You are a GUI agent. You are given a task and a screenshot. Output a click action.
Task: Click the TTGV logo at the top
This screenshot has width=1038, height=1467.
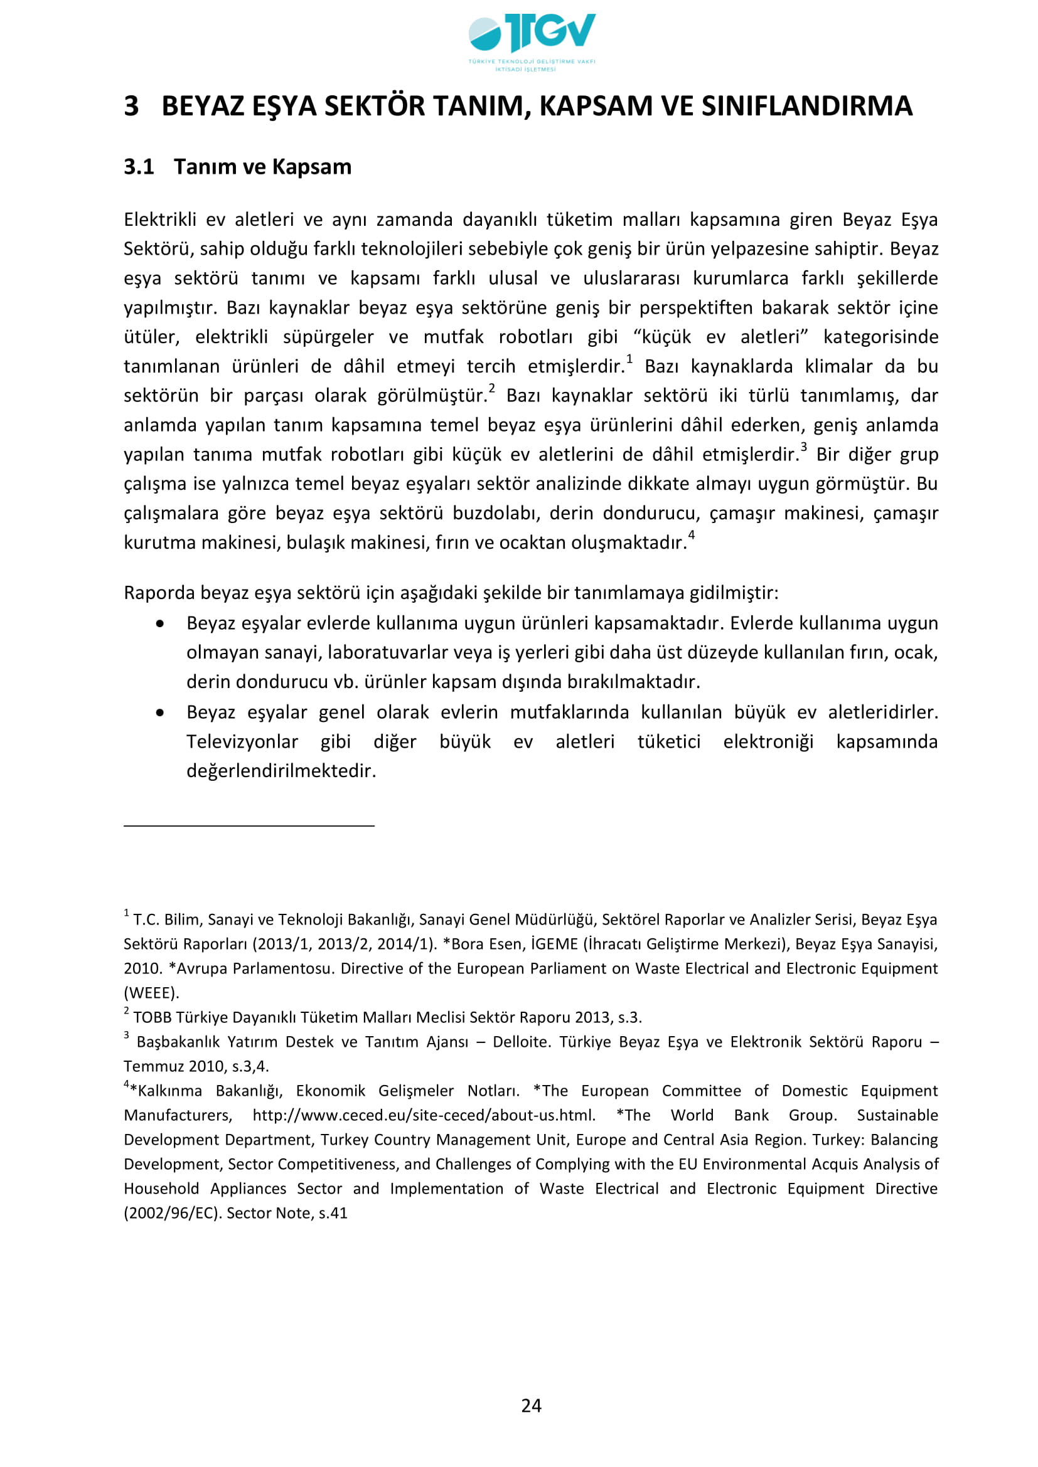click(x=532, y=40)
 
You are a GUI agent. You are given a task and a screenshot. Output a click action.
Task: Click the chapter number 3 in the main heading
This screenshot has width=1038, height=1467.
click(x=131, y=106)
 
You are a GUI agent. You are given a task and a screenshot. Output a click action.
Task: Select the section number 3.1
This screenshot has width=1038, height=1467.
click(x=139, y=167)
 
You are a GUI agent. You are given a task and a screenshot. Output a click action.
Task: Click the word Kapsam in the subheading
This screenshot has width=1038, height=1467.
click(x=311, y=167)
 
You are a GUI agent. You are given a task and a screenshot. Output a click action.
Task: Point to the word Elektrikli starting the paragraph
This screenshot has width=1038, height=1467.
click(x=160, y=220)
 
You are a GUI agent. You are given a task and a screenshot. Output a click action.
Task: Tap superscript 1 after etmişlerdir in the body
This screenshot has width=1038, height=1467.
click(x=629, y=360)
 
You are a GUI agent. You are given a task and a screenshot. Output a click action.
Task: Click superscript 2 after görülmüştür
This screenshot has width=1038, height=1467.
click(x=491, y=388)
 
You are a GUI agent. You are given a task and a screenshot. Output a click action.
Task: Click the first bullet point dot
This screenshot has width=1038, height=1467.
click(x=160, y=623)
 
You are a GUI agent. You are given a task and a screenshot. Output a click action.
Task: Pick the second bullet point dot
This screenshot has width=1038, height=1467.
click(x=160, y=712)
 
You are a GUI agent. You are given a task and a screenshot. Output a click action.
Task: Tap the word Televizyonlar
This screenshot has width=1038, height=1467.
click(x=242, y=742)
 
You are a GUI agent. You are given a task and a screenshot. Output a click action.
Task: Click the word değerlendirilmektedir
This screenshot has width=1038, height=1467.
click(x=281, y=771)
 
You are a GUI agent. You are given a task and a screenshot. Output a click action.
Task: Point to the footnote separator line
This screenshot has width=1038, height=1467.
click(x=249, y=826)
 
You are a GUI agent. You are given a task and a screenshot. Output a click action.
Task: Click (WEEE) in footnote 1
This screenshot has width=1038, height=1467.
click(x=151, y=993)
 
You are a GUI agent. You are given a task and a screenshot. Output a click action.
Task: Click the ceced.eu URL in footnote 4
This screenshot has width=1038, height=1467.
click(x=424, y=1116)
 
